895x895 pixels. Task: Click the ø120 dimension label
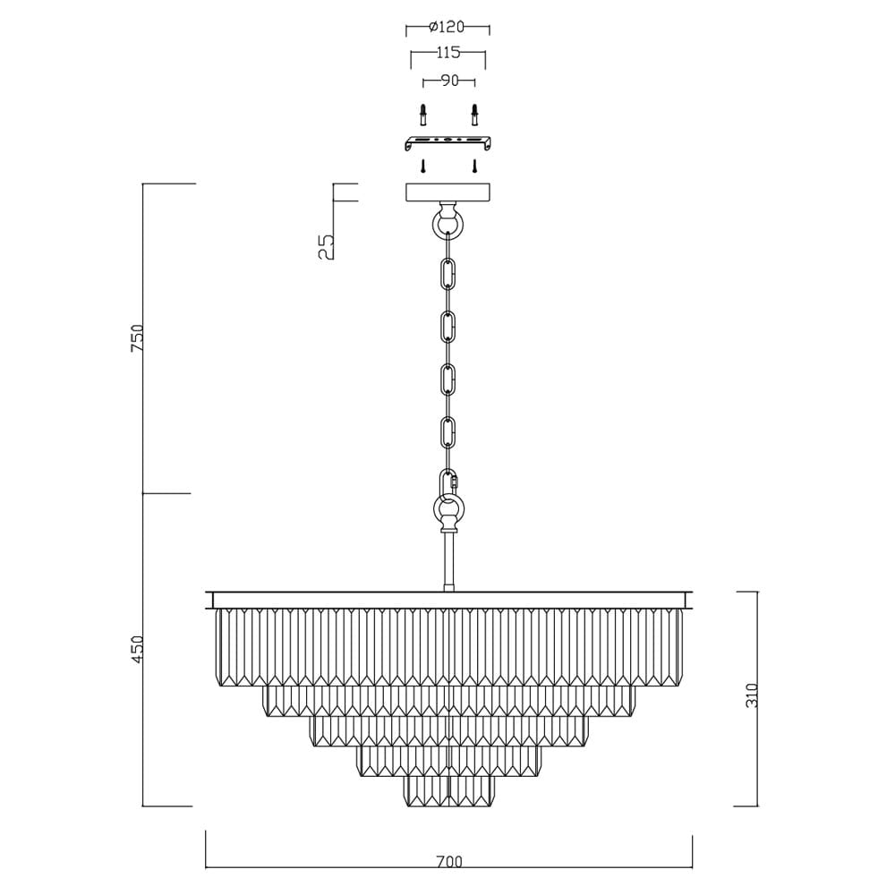447,26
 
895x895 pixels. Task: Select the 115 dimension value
448,53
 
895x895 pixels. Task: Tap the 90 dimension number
450,81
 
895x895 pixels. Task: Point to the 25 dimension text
326,247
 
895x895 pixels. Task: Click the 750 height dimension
138,338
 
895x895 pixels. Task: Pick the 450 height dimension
138,650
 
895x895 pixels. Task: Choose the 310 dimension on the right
753,695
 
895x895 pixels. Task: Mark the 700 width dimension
449,861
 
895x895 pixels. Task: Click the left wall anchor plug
422,115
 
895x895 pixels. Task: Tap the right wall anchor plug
473,115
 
